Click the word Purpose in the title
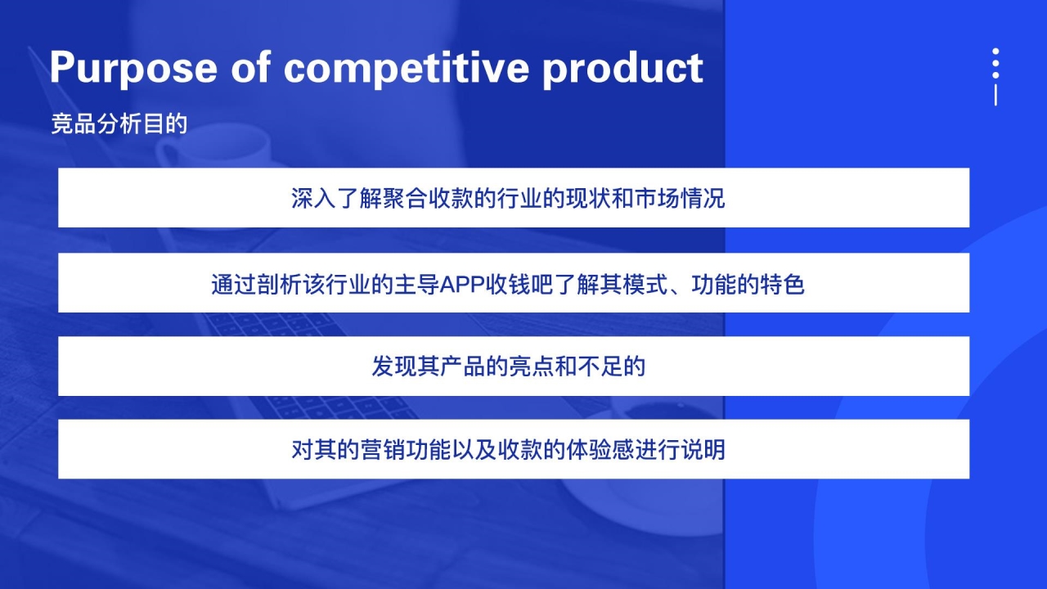133,69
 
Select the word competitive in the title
407,69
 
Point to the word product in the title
622,69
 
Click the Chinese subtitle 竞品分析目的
119,124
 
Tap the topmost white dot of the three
995,51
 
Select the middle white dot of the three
995,63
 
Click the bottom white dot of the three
995,74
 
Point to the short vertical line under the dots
995,95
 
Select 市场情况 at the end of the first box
680,198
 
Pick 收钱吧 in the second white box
519,284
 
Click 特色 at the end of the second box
782,284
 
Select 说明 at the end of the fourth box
703,450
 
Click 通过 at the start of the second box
234,284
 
